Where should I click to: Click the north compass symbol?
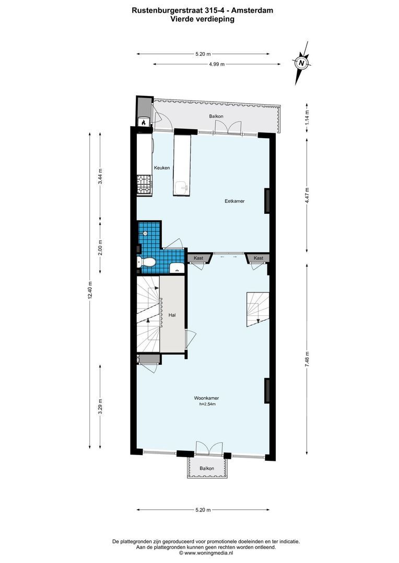point(301,63)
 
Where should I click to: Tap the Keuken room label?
point(161,168)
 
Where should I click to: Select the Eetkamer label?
point(234,201)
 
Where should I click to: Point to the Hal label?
point(172,315)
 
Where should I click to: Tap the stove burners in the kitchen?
point(144,184)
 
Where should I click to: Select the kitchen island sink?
point(182,187)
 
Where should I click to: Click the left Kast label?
point(198,258)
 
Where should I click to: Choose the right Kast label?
point(259,258)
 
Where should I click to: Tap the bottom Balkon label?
point(206,469)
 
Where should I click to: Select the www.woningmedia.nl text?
point(207,553)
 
